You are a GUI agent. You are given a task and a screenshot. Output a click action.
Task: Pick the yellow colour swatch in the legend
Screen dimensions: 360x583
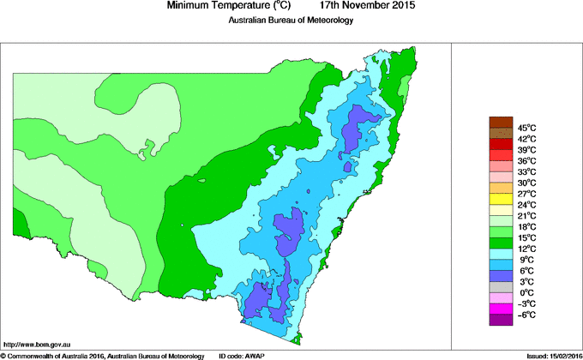click(500, 199)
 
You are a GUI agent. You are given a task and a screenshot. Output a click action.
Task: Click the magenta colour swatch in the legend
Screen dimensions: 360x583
click(500, 309)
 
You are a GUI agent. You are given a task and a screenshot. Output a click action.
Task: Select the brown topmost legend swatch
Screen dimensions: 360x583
click(500, 122)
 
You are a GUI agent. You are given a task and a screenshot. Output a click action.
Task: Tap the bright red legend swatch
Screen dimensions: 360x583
click(500, 155)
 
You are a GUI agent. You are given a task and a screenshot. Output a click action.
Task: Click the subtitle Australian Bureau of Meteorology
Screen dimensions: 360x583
click(291, 20)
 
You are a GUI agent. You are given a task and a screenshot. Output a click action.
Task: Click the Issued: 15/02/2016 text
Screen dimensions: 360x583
click(548, 355)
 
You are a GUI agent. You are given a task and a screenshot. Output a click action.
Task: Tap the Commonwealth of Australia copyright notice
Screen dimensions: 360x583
click(103, 355)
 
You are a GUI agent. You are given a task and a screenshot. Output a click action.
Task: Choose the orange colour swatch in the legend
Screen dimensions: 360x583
click(500, 188)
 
